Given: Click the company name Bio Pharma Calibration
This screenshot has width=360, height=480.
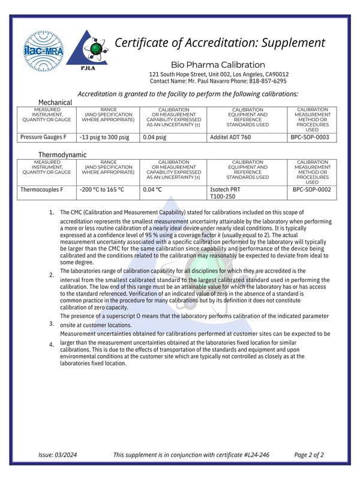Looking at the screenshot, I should tap(218, 65).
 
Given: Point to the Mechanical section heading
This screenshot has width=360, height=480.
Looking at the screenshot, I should tap(55, 103).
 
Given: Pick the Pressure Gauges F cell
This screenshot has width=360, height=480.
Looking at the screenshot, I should tap(43, 137).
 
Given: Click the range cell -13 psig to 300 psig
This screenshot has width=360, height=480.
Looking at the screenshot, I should tap(104, 137).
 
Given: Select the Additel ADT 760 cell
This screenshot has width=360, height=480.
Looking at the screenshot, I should tap(231, 137).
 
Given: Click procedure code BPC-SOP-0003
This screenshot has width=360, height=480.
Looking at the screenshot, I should tap(310, 137).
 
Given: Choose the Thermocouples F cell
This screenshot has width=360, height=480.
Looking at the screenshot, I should tap(42, 190).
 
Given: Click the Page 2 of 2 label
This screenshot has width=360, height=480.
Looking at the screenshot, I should tap(309, 455).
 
